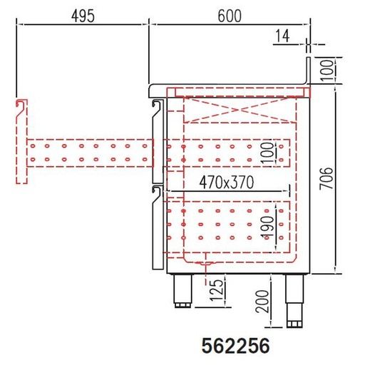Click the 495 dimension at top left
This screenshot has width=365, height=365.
(x=83, y=15)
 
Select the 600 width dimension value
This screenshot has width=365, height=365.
(x=227, y=15)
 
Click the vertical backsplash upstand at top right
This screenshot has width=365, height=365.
(x=309, y=71)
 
